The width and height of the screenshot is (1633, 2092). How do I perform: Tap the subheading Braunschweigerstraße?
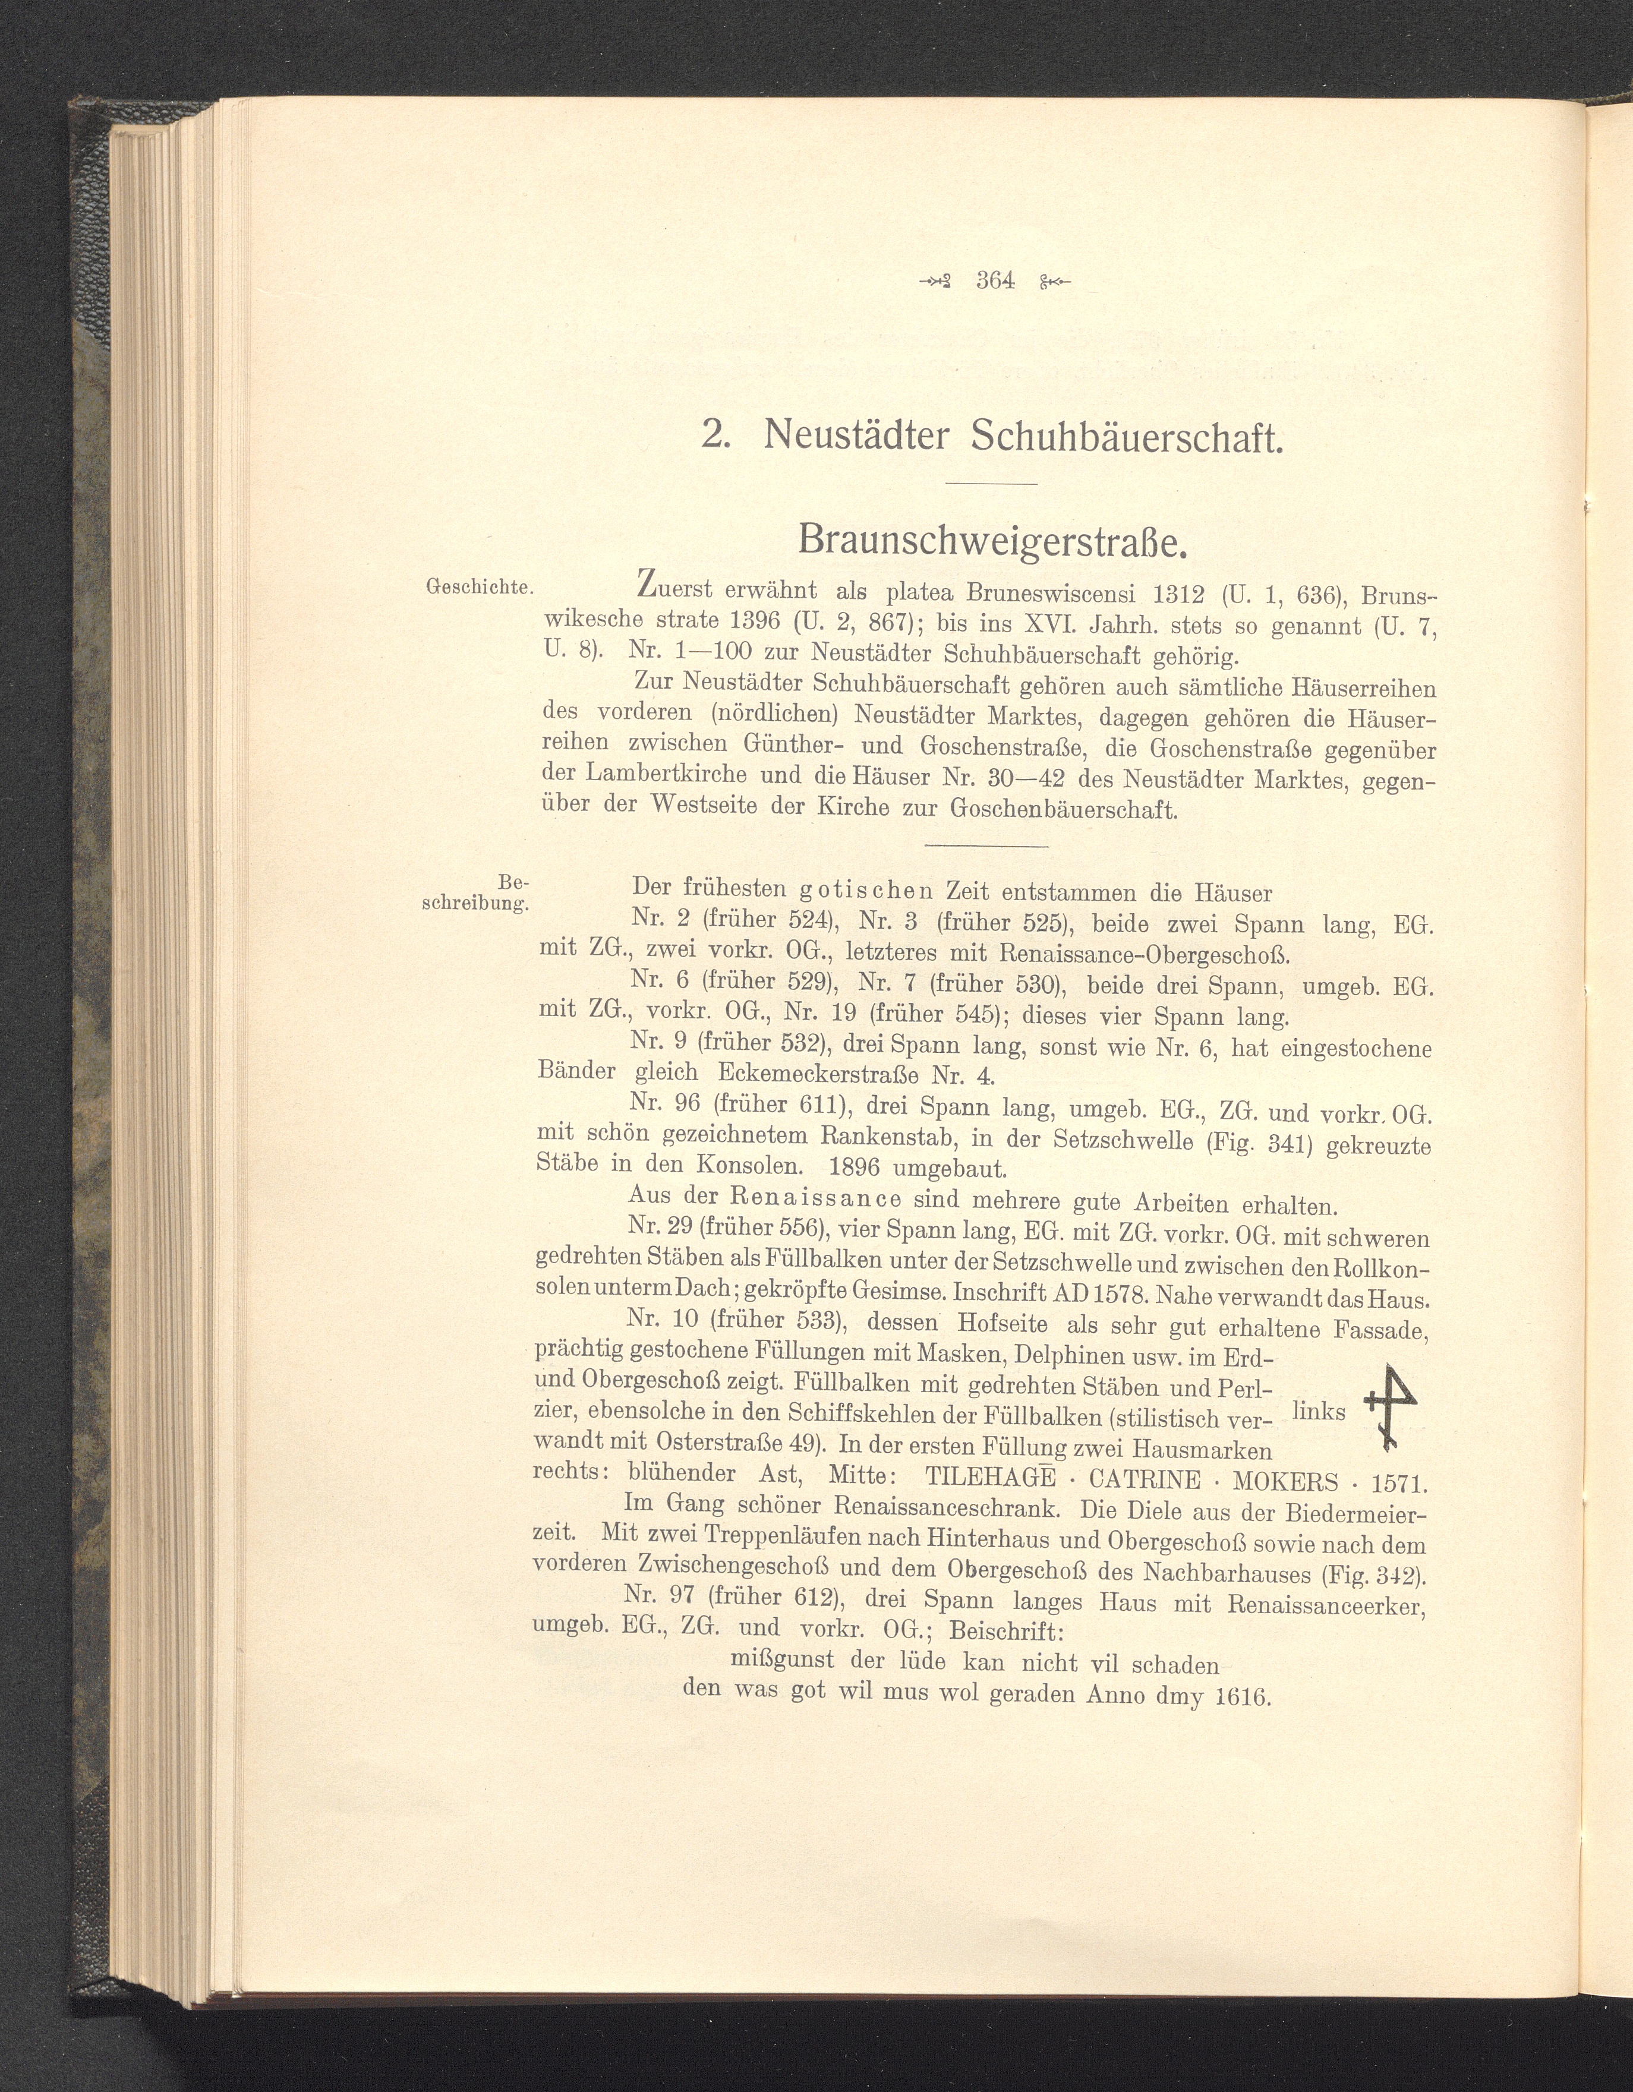pos(993,542)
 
